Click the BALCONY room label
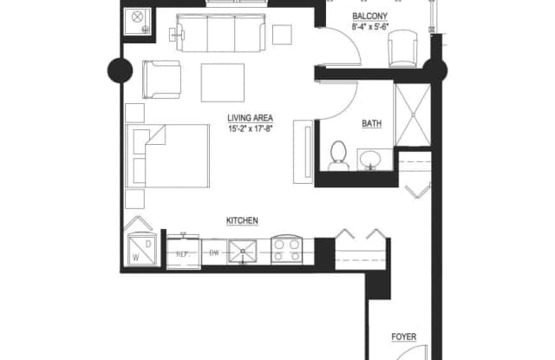coord(370,16)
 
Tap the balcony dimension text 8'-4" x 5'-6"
coord(370,27)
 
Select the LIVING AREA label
coord(251,118)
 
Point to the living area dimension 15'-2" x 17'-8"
coord(251,129)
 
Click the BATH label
coord(372,123)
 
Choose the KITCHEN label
coord(242,220)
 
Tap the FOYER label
coord(404,337)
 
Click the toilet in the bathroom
coord(338,156)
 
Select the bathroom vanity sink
coord(370,160)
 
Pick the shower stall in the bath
coord(413,115)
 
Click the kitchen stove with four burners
coord(287,251)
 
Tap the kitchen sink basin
coord(243,252)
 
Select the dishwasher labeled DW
coord(214,252)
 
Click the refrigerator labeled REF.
coord(184,253)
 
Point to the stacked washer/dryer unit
coord(141,249)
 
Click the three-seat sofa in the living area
coord(221,33)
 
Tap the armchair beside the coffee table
coord(162,79)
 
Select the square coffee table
coord(223,82)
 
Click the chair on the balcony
coord(402,49)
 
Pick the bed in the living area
coord(167,156)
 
